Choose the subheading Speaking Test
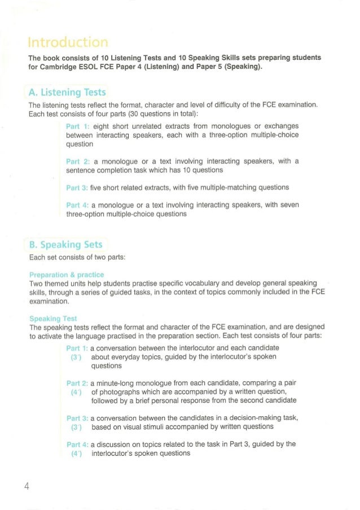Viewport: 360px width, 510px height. click(x=53, y=319)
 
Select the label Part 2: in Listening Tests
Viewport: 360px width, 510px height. click(x=77, y=161)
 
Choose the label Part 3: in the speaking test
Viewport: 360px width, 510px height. click(x=77, y=418)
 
